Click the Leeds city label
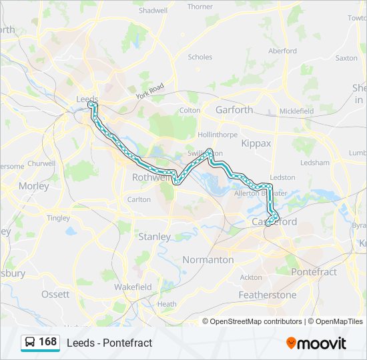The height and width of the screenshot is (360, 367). point(87,99)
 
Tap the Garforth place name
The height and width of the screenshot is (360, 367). point(234,110)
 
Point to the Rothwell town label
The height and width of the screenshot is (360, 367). point(151,177)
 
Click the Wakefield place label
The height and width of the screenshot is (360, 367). point(133,287)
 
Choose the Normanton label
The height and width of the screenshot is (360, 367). point(208,259)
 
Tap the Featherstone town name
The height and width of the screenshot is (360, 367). point(267,295)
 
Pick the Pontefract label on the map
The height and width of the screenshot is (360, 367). point(314,272)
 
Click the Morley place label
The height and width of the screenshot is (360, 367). point(34,186)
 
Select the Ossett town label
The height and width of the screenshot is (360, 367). point(55,294)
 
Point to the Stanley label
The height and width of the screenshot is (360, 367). point(154,237)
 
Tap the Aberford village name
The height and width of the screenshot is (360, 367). point(282,51)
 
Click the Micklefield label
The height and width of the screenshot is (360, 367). point(296,111)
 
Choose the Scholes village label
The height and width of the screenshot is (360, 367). point(200,57)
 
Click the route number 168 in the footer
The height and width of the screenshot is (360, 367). point(47,342)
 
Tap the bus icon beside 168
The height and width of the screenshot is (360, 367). point(30,342)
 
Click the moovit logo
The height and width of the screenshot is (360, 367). point(316,343)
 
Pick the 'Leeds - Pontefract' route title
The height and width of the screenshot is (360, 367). point(109,343)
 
